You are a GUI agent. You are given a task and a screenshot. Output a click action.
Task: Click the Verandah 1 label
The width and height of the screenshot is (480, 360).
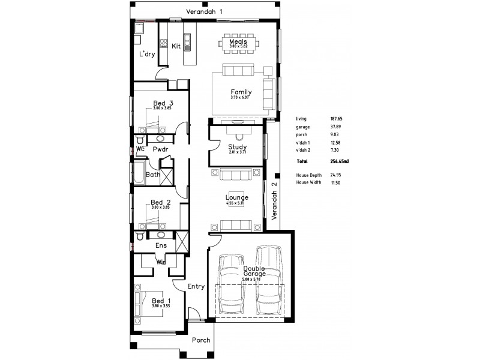(204, 12)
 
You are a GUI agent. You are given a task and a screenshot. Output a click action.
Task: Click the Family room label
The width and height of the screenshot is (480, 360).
(241, 92)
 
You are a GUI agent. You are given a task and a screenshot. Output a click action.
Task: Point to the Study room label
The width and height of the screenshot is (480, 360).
(238, 147)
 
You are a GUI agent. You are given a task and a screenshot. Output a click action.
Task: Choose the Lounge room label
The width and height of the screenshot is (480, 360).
(236, 197)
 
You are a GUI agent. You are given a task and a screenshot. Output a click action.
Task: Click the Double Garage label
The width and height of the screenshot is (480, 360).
(255, 271)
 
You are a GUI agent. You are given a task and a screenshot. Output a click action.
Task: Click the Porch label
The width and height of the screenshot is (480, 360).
(201, 340)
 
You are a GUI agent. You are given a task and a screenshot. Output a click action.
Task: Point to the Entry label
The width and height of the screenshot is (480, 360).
(196, 287)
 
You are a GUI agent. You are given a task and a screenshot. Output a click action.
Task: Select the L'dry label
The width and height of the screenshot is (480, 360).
(147, 54)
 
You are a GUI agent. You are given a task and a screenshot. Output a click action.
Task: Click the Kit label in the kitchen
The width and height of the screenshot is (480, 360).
(176, 46)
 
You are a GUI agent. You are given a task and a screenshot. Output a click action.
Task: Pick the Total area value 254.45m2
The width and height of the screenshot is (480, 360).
(341, 162)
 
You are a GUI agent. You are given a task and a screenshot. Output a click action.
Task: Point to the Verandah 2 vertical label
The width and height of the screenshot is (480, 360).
(274, 201)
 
